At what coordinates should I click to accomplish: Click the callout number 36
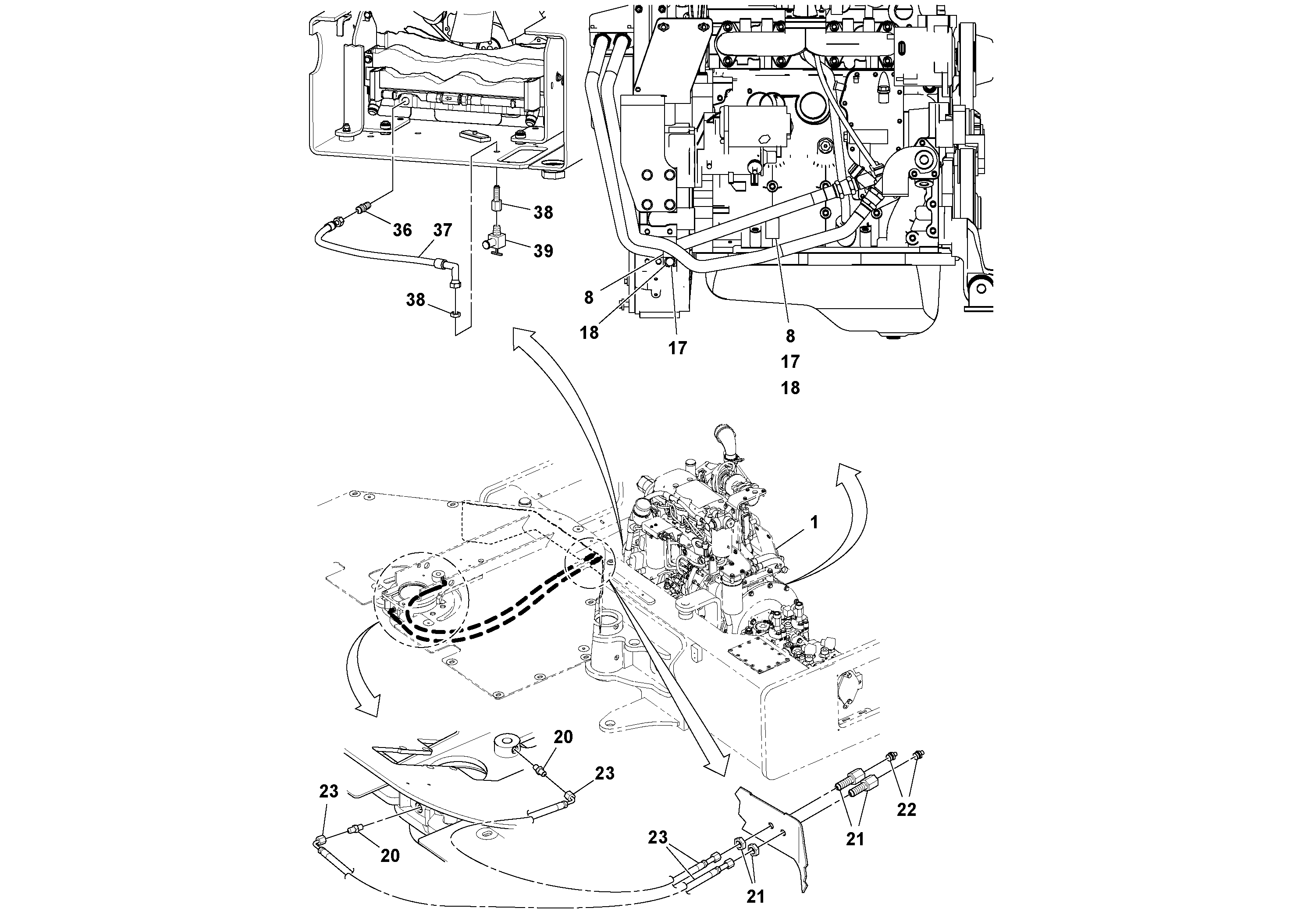402,230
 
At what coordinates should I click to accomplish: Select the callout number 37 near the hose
442,230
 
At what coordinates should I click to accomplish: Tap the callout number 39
544,251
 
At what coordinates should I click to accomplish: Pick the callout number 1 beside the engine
814,522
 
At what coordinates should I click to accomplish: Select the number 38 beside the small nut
416,300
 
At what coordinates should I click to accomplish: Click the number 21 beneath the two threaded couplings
855,839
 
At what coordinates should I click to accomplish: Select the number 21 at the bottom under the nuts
755,897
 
